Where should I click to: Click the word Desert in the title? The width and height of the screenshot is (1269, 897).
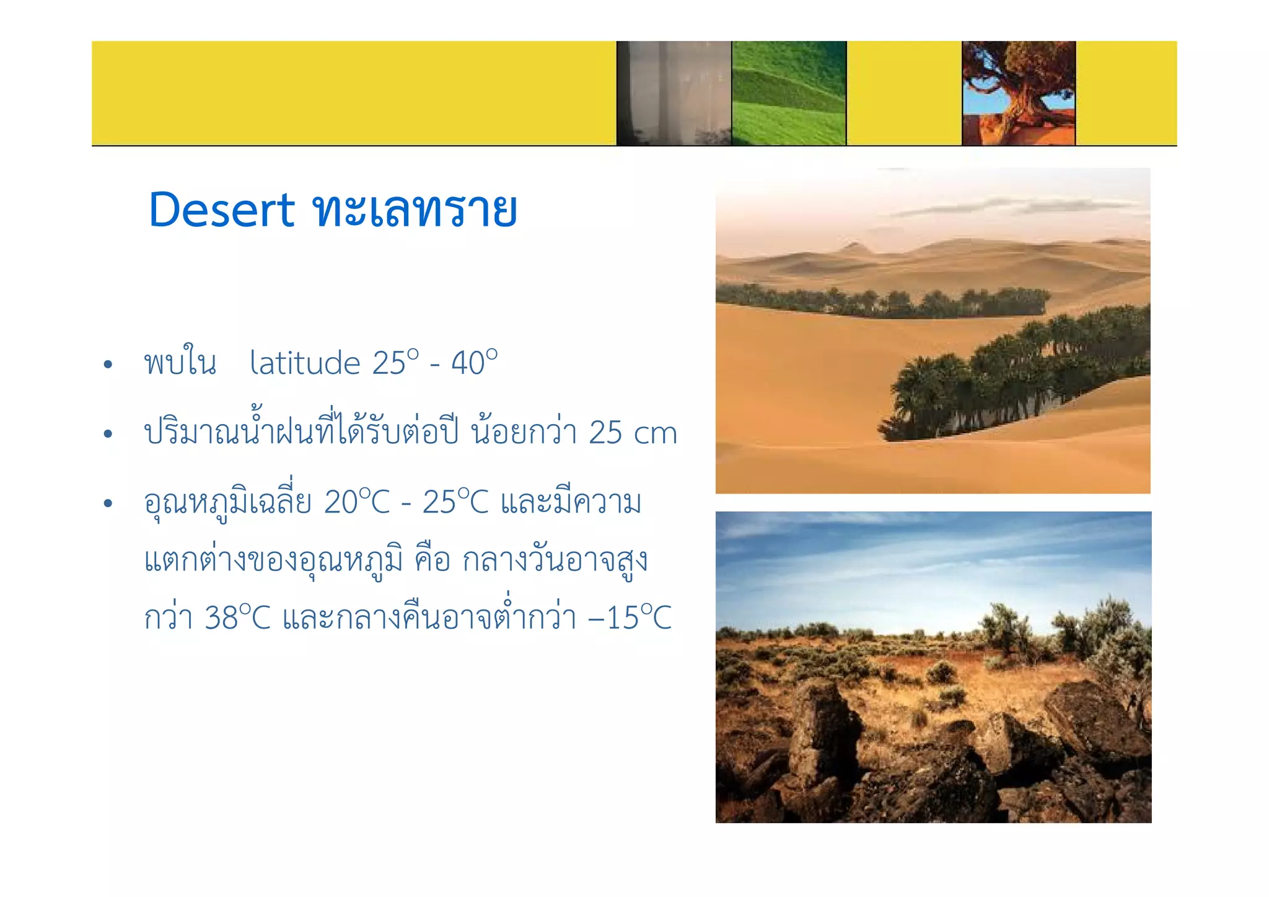click(x=221, y=210)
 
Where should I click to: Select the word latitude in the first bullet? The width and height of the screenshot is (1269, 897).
click(x=304, y=363)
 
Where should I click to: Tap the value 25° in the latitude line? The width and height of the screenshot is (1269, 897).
click(x=395, y=363)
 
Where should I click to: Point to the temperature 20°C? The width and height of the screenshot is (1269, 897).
click(x=357, y=502)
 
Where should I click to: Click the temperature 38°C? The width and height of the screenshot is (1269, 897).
click(x=237, y=617)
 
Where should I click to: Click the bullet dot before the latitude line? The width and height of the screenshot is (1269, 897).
click(x=108, y=365)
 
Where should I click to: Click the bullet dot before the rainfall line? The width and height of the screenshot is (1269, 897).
click(x=108, y=434)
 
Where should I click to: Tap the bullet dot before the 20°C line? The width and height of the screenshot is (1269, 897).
click(x=108, y=503)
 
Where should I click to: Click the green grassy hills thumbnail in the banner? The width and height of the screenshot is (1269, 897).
click(x=788, y=93)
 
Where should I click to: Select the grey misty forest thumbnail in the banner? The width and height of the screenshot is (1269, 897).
click(x=674, y=93)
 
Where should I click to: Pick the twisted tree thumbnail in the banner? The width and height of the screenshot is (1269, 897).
click(x=1019, y=93)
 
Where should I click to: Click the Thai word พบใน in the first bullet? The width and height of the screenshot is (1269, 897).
click(x=180, y=363)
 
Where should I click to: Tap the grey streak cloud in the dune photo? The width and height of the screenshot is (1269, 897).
click(x=1016, y=206)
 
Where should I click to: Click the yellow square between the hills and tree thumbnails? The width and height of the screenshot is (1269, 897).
click(x=903, y=93)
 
